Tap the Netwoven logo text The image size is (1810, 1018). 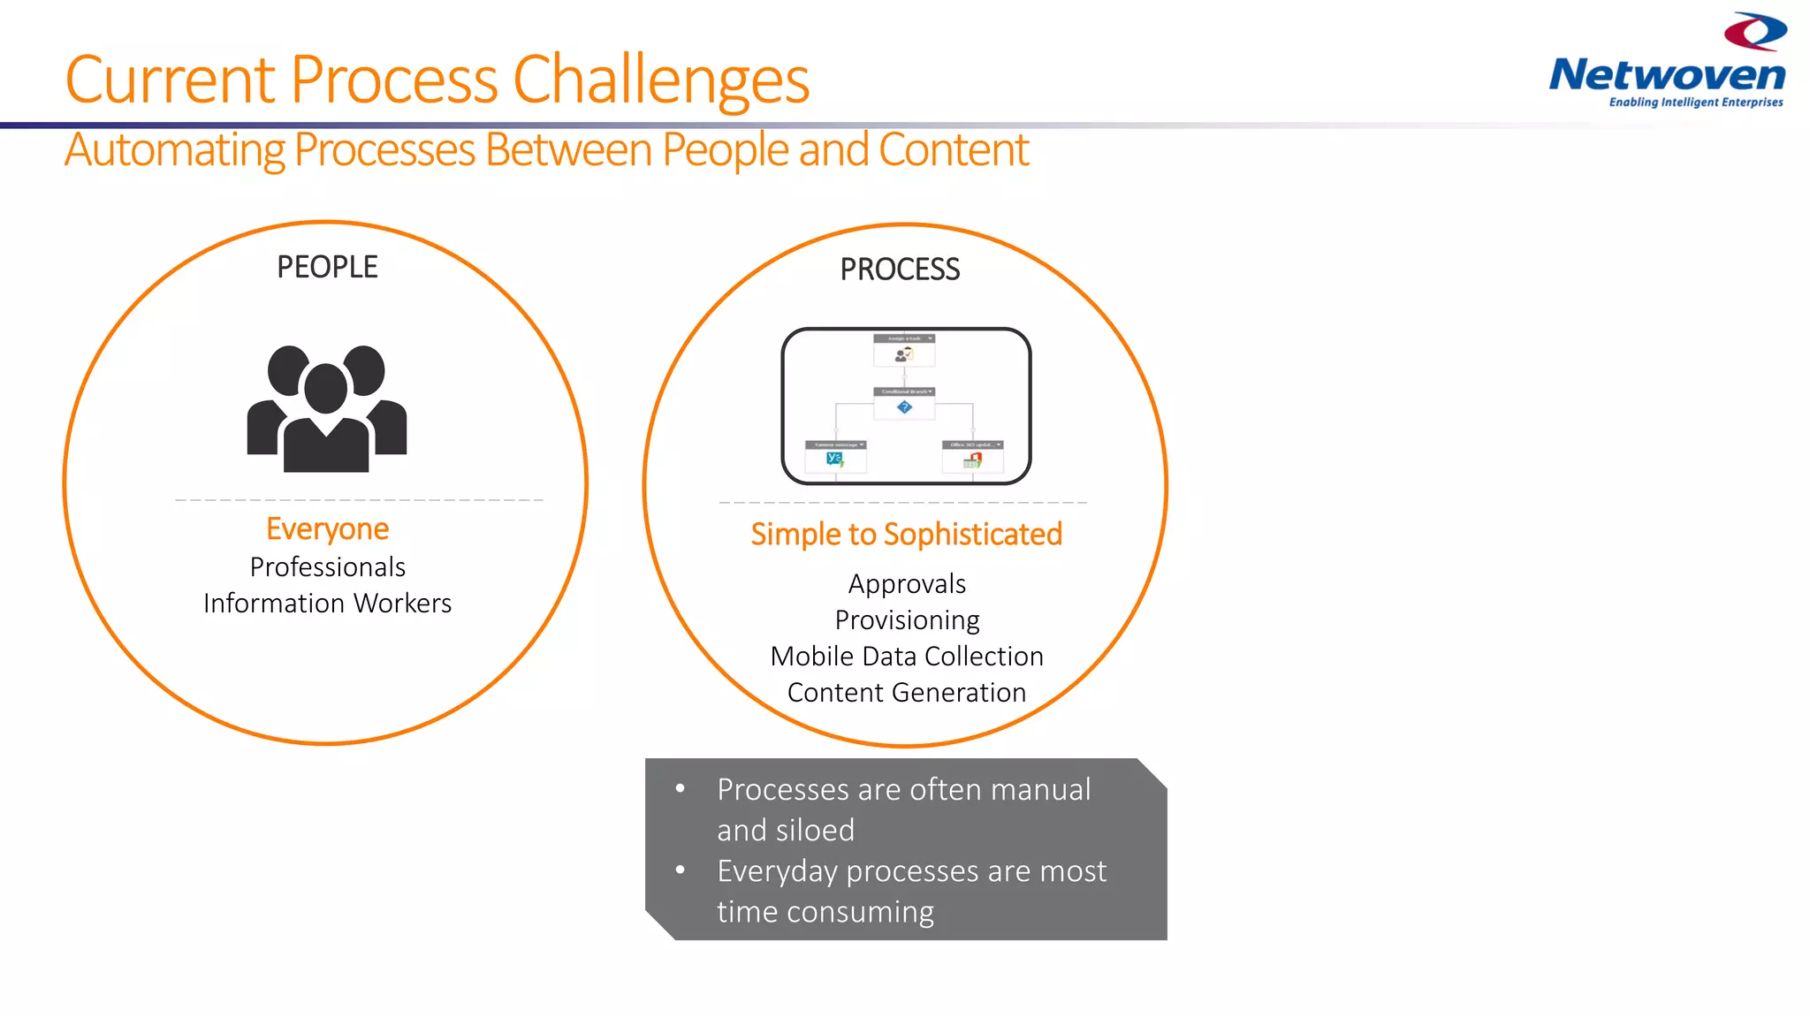coord(1667,75)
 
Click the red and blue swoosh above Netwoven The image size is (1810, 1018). coord(1755,31)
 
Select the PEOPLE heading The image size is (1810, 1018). coord(327,267)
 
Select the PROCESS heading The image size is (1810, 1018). coord(900,270)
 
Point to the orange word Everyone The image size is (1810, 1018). coord(327,528)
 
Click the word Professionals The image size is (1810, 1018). coord(327,566)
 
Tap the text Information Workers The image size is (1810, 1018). coord(327,603)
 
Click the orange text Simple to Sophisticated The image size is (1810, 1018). coord(906,534)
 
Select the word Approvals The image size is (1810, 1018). coord(907,584)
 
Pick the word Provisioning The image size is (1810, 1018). coord(907,620)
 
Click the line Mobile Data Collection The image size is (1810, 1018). coord(907,657)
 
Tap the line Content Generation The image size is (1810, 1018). coord(907,693)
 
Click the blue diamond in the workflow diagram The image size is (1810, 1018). coord(904,407)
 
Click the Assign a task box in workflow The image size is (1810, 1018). coord(904,350)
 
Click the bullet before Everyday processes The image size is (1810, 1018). coord(680,870)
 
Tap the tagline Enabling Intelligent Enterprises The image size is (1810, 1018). coord(1695,103)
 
